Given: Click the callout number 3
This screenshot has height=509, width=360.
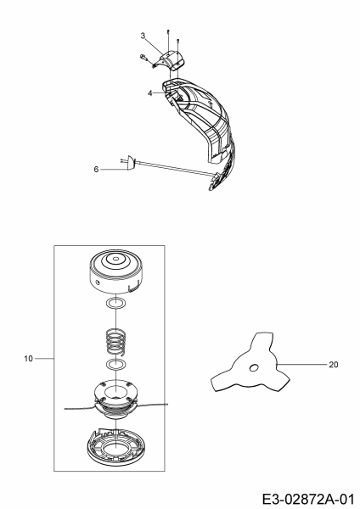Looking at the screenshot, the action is coord(143,36).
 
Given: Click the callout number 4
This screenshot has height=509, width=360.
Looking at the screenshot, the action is coord(149,93).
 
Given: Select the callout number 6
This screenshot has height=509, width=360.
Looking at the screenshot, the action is coord(96,170).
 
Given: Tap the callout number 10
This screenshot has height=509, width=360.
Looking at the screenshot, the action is coord(29,359).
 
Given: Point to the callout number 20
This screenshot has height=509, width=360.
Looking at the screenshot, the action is coord(334,365).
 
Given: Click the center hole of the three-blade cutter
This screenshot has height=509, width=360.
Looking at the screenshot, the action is coord(254,367).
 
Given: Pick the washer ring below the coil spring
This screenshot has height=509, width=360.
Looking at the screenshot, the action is coord(116,365).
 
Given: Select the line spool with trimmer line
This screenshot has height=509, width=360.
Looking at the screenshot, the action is coord(115,399).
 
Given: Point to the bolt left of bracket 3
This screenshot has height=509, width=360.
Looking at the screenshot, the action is coord(143,57).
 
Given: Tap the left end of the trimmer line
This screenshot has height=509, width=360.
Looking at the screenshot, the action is coord(65,409).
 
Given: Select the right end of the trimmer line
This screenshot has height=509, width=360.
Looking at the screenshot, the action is coord(168,404).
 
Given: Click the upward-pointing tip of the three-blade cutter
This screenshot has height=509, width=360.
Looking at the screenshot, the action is coord(264,333).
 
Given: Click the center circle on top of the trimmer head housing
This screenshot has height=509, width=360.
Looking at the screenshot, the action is coord(115,259).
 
